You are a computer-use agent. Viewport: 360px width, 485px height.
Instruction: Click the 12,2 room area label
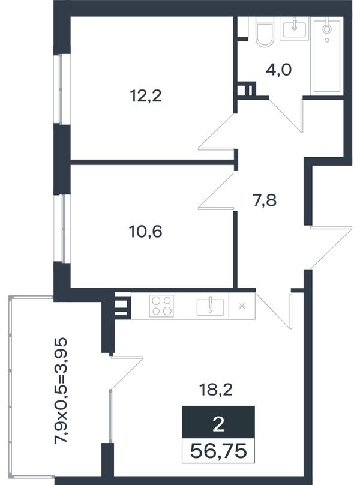(x=145, y=96)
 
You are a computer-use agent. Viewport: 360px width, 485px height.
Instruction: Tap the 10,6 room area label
(x=145, y=231)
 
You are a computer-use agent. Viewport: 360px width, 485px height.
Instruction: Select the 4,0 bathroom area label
(x=278, y=70)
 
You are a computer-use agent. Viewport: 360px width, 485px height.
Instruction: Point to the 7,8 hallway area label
(x=265, y=200)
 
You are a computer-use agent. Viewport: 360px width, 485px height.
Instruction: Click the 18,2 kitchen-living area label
(x=216, y=390)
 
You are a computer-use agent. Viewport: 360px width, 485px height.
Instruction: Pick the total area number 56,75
(x=218, y=451)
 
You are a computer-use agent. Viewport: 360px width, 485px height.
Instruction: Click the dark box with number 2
(x=218, y=422)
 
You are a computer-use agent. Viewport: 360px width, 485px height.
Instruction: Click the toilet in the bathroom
(x=265, y=32)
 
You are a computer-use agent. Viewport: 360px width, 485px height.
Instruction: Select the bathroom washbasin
(x=295, y=28)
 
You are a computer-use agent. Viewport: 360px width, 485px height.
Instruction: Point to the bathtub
(x=327, y=56)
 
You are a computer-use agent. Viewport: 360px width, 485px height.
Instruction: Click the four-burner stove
(x=161, y=306)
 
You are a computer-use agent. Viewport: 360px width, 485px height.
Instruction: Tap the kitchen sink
(x=211, y=307)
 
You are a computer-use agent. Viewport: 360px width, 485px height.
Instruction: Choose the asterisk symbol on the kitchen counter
(x=242, y=306)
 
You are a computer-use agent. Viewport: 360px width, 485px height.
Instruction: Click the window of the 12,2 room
(x=62, y=89)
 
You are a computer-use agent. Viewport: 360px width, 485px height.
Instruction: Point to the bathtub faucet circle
(x=326, y=29)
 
